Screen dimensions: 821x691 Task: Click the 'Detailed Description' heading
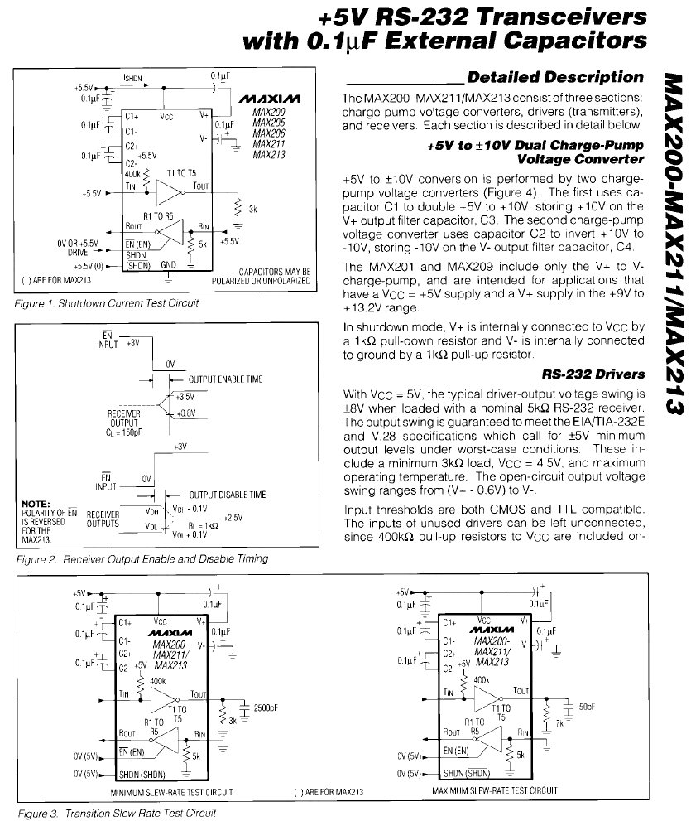(554, 77)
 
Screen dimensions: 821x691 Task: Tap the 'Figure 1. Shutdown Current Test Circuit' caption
(108, 302)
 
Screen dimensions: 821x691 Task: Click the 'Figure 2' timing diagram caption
(142, 558)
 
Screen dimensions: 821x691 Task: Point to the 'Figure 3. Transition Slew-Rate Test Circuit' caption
(117, 812)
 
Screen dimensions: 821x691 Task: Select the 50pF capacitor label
(587, 707)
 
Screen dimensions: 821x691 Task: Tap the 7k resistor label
(559, 723)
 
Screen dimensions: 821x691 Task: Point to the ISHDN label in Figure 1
(135, 80)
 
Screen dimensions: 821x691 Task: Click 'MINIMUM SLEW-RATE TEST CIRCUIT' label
(171, 792)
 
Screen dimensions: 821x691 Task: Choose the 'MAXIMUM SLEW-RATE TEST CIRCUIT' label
(494, 792)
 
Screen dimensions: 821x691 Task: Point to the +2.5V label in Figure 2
(233, 518)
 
